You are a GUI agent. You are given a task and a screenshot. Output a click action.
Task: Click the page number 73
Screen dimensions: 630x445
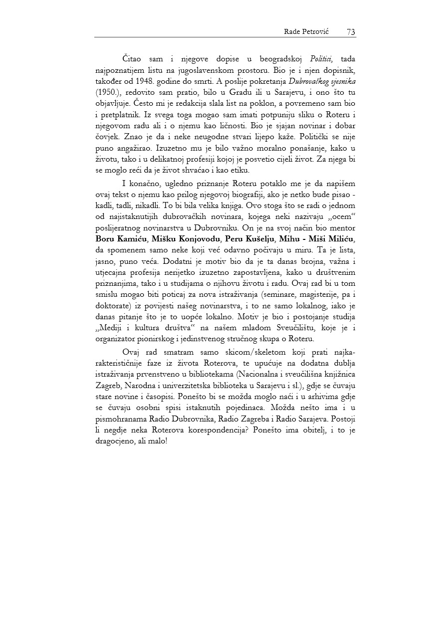[x=351, y=32]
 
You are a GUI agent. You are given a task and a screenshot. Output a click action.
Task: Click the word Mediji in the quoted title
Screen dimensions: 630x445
[x=109, y=327]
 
